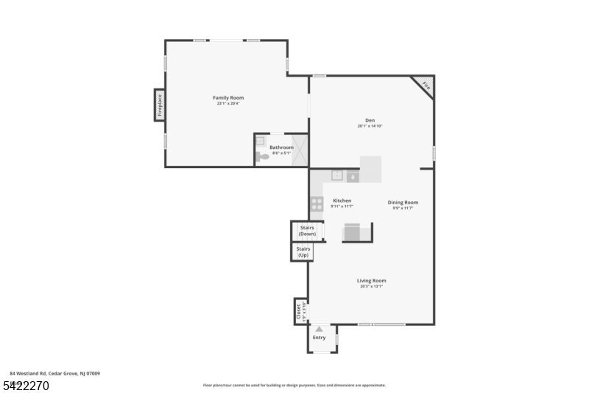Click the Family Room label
point(228,97)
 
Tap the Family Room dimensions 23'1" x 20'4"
point(228,104)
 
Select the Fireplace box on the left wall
point(158,105)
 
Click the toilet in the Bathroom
point(261,156)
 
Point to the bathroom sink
point(260,140)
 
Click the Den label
point(370,120)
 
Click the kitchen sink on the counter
point(336,175)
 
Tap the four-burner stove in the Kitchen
point(317,204)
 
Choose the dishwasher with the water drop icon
point(353,177)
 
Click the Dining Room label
point(403,202)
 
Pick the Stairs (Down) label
point(307,231)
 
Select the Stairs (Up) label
point(303,252)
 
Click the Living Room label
point(372,280)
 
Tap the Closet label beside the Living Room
point(298,310)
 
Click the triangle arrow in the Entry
point(319,329)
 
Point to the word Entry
point(319,338)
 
